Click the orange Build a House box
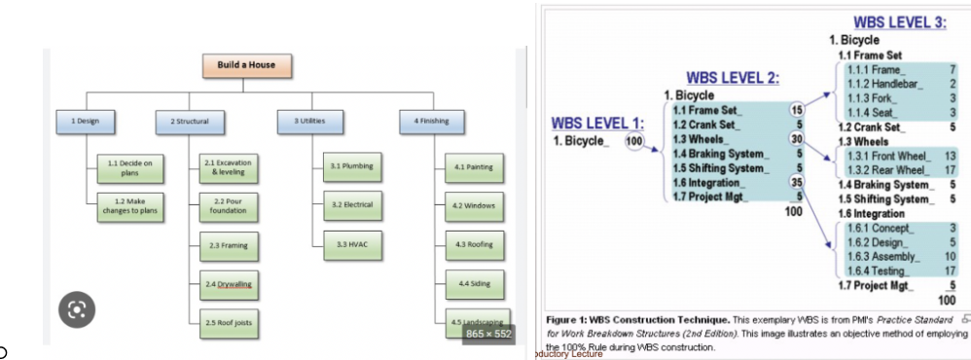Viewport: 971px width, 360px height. pyautogui.click(x=246, y=65)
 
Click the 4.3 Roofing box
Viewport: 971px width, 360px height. pyautogui.click(x=474, y=244)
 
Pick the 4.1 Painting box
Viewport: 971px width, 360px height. pyautogui.click(x=474, y=167)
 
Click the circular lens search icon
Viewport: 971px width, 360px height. pyautogui.click(x=77, y=309)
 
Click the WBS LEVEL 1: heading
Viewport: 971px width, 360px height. pyautogui.click(x=597, y=123)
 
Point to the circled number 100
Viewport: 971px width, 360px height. pyautogui.click(x=634, y=141)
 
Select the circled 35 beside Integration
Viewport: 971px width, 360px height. pyautogui.click(x=797, y=182)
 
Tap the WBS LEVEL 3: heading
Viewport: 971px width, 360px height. pyautogui.click(x=899, y=22)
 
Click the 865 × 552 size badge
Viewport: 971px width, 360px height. pyautogui.click(x=488, y=334)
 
